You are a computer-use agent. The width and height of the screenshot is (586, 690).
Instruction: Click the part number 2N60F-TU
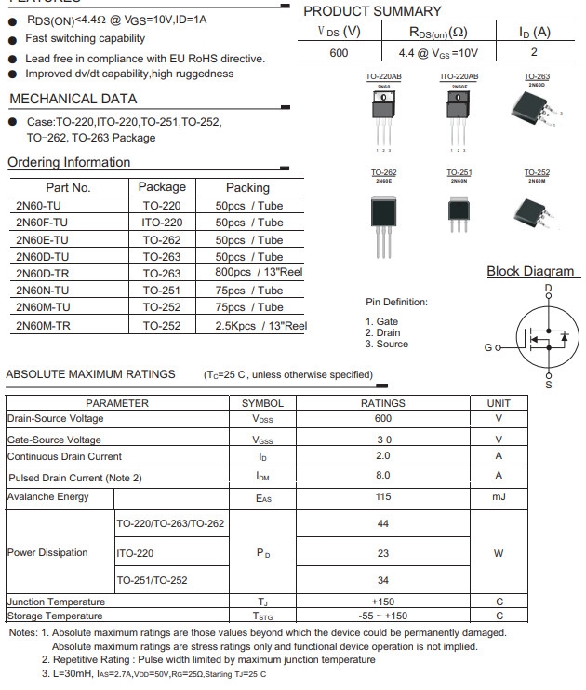[x=42, y=223]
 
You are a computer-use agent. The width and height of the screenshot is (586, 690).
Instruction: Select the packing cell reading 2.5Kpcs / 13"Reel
[x=260, y=326]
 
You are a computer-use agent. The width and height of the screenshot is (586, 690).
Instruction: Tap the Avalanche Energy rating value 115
[x=382, y=497]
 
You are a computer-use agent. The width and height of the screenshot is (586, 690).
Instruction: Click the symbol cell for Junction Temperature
[x=262, y=602]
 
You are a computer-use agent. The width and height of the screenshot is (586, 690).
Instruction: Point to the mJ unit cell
[x=499, y=497]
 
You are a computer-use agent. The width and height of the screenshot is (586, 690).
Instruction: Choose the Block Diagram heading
[x=530, y=272]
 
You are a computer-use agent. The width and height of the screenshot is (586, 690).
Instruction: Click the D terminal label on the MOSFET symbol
[x=548, y=289]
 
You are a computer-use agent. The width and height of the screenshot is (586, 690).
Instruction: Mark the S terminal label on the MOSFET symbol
[x=548, y=384]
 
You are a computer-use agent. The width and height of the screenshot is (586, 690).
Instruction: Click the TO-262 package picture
[x=383, y=219]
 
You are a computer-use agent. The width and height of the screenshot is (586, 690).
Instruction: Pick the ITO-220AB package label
[x=459, y=76]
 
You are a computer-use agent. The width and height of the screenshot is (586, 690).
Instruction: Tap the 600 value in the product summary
[x=339, y=53]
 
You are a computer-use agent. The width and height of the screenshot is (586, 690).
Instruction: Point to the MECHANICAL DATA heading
[x=73, y=99]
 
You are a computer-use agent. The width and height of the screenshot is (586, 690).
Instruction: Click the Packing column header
[x=247, y=187]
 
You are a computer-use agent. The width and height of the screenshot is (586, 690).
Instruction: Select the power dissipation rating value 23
[x=382, y=552]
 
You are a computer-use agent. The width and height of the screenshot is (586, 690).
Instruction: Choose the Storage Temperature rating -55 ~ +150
[x=382, y=616]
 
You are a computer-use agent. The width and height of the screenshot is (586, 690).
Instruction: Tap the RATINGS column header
[x=382, y=403]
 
